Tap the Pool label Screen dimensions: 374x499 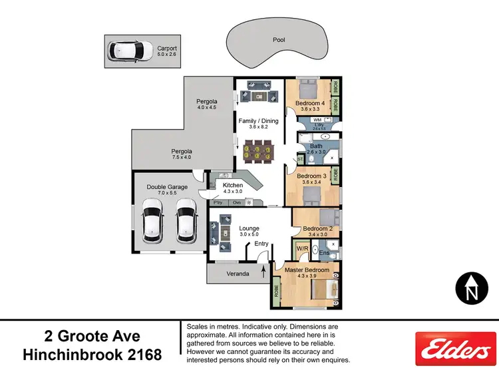pos(279,40)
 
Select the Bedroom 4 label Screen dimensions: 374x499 pos(309,104)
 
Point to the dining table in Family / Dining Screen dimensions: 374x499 pos(256,152)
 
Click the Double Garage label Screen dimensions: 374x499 pos(167,187)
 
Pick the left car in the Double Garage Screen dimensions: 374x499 pos(154,224)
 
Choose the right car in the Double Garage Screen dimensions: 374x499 pos(186,224)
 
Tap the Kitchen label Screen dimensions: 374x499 pos(233,185)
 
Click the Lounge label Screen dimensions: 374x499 pos(249,229)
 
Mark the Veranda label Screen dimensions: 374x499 pos(238,274)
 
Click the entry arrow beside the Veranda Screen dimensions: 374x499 pos(263,272)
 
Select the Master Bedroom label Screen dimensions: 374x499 pos(307,270)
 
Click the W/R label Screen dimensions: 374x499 pos(302,248)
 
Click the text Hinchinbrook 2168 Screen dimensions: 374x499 pos(92,355)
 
